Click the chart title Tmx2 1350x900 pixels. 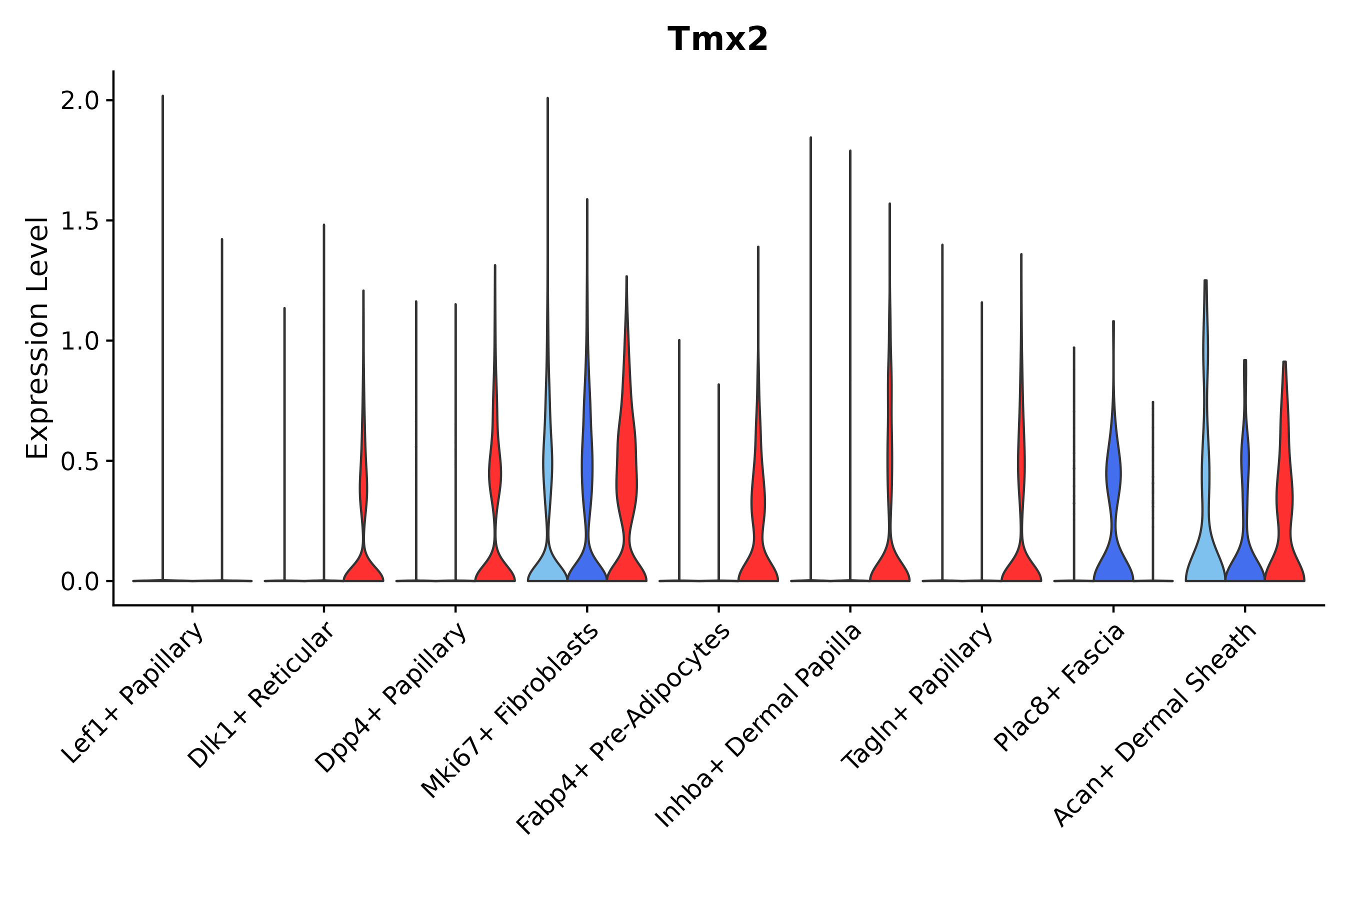[717, 39]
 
